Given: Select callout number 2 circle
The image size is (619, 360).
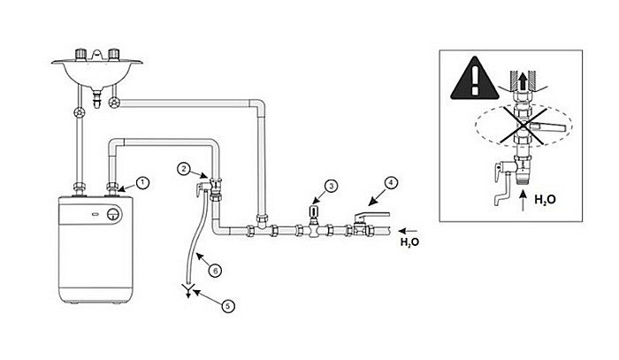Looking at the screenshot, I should [x=182, y=167].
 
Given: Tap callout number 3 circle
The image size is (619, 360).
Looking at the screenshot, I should [x=331, y=186].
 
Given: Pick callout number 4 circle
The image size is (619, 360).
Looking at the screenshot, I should [x=391, y=183].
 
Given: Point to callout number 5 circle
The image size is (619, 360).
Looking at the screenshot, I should [x=228, y=306].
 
